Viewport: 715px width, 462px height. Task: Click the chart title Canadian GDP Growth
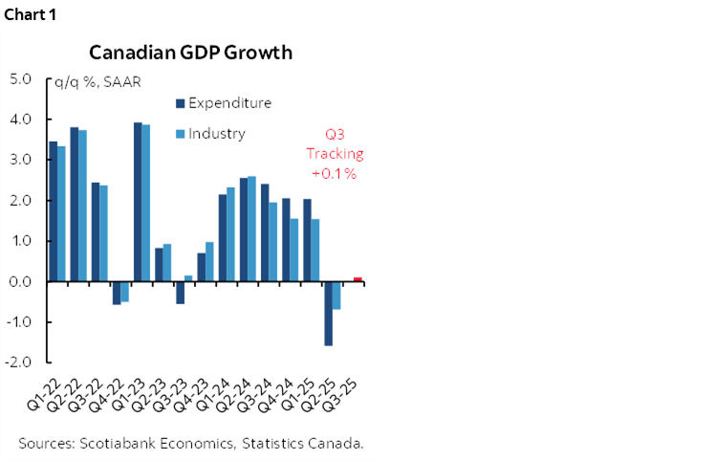pos(191,52)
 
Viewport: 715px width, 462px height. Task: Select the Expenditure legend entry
pos(229,103)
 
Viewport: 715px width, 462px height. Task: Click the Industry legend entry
pos(216,134)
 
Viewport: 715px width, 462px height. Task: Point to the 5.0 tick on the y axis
pos(20,79)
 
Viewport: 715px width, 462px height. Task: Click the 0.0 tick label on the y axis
pos(20,282)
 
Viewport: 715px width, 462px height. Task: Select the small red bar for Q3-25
pos(357,279)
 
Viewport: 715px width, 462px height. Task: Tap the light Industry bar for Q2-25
pos(336,296)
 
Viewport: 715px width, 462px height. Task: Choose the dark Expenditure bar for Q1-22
pos(53,211)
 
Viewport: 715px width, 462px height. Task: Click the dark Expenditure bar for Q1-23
pos(138,202)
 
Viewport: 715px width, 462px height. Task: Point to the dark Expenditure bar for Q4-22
pos(117,293)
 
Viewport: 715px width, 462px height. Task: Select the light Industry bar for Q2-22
pos(82,206)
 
